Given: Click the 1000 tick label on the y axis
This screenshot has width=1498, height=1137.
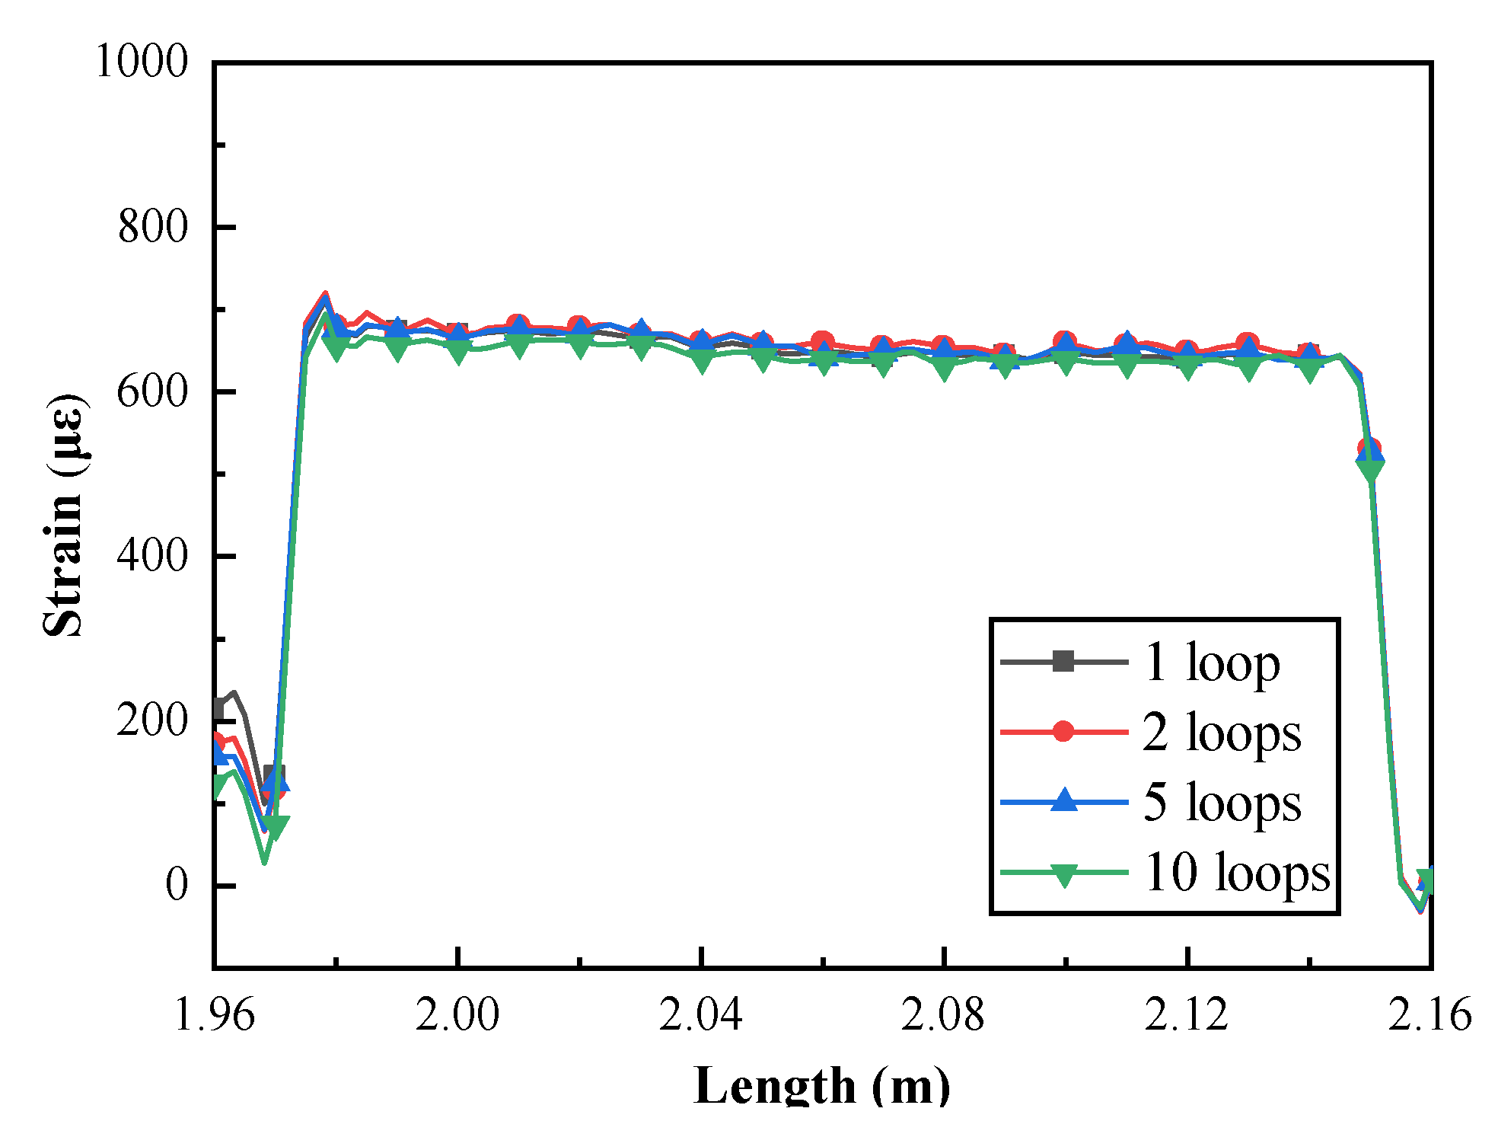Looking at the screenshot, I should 141,61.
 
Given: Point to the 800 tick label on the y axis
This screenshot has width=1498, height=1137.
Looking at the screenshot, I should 152,226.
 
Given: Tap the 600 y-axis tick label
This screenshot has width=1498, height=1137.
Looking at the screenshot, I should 152,391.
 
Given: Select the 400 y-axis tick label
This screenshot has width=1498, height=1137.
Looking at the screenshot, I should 152,555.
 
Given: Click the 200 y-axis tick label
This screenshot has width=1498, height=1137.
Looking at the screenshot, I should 152,720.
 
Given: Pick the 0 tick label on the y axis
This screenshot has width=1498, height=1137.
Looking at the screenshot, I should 177,885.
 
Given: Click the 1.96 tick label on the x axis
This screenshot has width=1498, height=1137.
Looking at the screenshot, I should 214,1015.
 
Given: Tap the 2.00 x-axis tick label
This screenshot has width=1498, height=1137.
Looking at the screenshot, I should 457,1015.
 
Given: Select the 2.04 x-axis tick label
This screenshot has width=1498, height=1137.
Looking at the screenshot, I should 700,1015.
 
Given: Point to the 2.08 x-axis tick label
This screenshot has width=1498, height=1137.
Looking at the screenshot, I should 943,1015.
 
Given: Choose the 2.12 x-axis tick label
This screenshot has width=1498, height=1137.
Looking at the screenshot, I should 1187,1015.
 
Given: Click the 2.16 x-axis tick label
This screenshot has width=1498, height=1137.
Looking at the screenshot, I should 1429,1015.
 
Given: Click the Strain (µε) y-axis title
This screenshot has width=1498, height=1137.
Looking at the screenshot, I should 64,515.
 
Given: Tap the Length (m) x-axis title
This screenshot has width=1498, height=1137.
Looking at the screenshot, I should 822,1085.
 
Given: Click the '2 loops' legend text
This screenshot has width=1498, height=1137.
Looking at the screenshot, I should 1222,733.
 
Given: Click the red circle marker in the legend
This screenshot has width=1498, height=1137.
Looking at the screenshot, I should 1063,732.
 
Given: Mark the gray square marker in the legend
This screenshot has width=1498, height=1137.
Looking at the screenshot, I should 1063,662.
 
